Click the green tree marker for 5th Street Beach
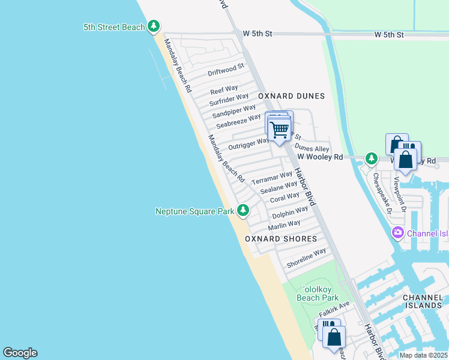(154, 26)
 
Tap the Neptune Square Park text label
(194, 211)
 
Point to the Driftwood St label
(226, 70)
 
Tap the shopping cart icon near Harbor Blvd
(279, 128)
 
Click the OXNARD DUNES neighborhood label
(291, 96)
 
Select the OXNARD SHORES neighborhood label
(281, 239)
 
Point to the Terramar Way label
(272, 178)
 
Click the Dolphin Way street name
(290, 212)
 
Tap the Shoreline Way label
(306, 258)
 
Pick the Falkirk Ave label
(334, 310)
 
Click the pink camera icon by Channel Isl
(397, 232)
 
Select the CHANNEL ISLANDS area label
(423, 301)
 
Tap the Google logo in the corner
(20, 353)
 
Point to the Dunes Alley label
(312, 148)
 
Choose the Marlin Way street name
(284, 225)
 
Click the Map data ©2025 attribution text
(423, 355)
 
